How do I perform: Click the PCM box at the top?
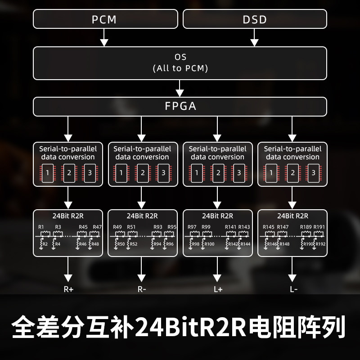point(104,19)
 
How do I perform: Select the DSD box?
point(255,19)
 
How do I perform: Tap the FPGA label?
point(180,107)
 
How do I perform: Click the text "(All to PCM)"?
point(180,68)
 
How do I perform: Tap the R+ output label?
point(68,289)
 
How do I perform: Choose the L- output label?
point(293,289)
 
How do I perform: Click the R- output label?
point(142,289)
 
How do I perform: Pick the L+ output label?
point(218,289)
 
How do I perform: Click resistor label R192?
point(320,244)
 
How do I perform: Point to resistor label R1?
point(41,227)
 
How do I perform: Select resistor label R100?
point(209,244)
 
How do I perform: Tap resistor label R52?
point(133,244)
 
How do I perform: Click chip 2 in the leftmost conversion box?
point(69,173)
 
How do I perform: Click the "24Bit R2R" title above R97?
point(218,216)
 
